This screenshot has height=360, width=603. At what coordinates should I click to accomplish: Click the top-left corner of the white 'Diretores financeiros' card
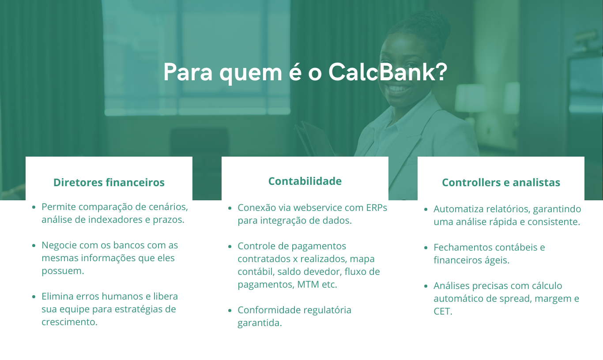pyautogui.click(x=26, y=157)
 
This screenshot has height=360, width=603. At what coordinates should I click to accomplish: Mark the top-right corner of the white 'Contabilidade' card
pyautogui.click(x=388, y=157)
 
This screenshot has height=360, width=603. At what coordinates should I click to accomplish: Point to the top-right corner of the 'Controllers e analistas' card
pyautogui.click(x=584, y=157)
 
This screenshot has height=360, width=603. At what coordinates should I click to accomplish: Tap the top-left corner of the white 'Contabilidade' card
pyautogui.click(x=222, y=157)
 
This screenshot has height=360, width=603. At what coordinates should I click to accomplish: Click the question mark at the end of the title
pyautogui.click(x=441, y=72)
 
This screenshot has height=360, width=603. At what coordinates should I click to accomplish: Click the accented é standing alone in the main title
pyautogui.click(x=295, y=72)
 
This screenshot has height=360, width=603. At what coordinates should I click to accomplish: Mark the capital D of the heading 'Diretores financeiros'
pyautogui.click(x=58, y=182)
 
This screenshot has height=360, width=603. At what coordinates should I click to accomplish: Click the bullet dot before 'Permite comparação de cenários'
pyautogui.click(x=34, y=207)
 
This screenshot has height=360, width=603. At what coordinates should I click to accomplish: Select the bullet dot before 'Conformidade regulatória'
pyautogui.click(x=230, y=310)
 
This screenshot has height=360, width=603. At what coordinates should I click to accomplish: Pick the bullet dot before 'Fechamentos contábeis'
pyautogui.click(x=426, y=247)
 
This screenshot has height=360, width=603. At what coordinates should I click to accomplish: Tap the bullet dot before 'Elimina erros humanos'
pyautogui.click(x=34, y=297)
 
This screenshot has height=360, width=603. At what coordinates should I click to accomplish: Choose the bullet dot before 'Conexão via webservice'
pyautogui.click(x=230, y=208)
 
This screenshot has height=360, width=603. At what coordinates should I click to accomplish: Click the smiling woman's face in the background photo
pyautogui.click(x=399, y=70)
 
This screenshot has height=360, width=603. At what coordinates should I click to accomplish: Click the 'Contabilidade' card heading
pyautogui.click(x=305, y=181)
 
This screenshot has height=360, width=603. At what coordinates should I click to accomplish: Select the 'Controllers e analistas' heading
pyautogui.click(x=501, y=182)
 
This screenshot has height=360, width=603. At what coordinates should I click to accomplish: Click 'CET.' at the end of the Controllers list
pyautogui.click(x=443, y=311)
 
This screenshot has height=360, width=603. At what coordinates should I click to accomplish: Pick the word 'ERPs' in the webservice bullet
pyautogui.click(x=377, y=208)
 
